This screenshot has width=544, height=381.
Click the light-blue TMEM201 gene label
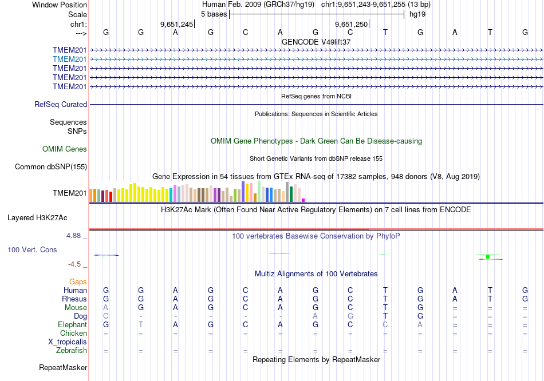click(x=70, y=59)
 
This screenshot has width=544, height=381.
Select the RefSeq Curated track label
click(x=61, y=105)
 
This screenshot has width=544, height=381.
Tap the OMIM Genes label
click(x=65, y=149)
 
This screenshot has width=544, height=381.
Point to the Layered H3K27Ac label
click(x=37, y=218)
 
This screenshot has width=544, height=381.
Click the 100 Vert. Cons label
click(x=32, y=250)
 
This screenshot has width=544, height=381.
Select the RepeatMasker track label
click(x=63, y=367)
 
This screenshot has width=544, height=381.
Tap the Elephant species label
click(x=72, y=324)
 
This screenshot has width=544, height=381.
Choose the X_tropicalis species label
click(x=68, y=342)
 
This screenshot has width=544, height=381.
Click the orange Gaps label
click(x=78, y=282)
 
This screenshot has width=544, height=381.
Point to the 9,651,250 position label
click(x=351, y=25)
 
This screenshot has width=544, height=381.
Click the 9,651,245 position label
click(x=177, y=25)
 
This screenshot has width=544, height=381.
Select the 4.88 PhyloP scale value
click(x=76, y=235)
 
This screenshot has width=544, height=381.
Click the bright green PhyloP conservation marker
click(x=487, y=256)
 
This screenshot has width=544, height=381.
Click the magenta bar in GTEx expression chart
click(x=303, y=200)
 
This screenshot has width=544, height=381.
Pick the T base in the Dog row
click(x=385, y=316)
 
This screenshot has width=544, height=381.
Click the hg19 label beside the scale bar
click(x=417, y=14)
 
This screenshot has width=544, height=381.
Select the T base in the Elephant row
click(x=141, y=324)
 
